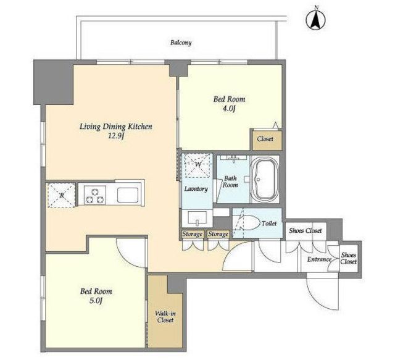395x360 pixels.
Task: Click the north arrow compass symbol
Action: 315,20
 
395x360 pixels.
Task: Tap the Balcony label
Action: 181,43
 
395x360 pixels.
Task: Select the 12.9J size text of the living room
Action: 116,136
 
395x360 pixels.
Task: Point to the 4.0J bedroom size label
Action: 229,109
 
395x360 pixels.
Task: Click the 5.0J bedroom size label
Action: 96,301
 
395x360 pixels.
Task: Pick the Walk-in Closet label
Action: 165,317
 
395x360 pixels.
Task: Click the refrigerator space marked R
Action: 62,195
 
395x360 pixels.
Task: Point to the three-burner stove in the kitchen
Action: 94,195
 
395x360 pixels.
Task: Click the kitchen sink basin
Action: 128,195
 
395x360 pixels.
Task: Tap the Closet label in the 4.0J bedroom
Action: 265,139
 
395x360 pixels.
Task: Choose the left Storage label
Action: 193,234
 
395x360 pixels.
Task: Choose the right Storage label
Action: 218,234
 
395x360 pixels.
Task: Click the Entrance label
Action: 319,259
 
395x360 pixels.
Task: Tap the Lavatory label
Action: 196,189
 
